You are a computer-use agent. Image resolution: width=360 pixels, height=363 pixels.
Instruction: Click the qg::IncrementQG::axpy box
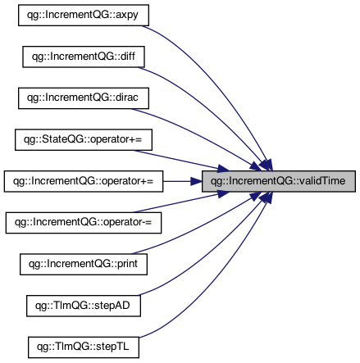tap(84, 15)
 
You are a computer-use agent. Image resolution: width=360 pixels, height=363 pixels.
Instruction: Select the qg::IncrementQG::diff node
tap(84, 57)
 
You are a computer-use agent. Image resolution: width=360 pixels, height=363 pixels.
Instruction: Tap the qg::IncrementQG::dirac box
tap(84, 98)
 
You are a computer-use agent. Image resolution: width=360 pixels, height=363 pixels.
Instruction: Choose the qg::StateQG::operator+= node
tap(84, 139)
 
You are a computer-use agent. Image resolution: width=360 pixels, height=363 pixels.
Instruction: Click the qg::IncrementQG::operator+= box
tap(84, 181)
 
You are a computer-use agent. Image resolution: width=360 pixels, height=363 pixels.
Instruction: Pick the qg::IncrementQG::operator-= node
tap(84, 223)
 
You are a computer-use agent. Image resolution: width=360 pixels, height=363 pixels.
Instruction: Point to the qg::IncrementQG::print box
tap(84, 264)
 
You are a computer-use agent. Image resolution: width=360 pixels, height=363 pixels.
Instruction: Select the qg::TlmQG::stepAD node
tap(84, 306)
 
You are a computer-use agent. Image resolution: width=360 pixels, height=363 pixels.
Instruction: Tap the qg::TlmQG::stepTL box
tap(84, 347)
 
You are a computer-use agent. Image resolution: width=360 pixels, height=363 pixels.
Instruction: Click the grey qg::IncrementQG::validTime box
tap(279, 181)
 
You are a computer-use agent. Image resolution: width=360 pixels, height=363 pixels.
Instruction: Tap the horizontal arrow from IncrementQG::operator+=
tap(183, 181)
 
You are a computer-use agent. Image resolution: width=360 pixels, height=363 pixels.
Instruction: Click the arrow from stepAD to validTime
tap(211, 252)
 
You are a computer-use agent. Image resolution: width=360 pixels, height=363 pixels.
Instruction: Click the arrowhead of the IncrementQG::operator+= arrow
tap(196, 181)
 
